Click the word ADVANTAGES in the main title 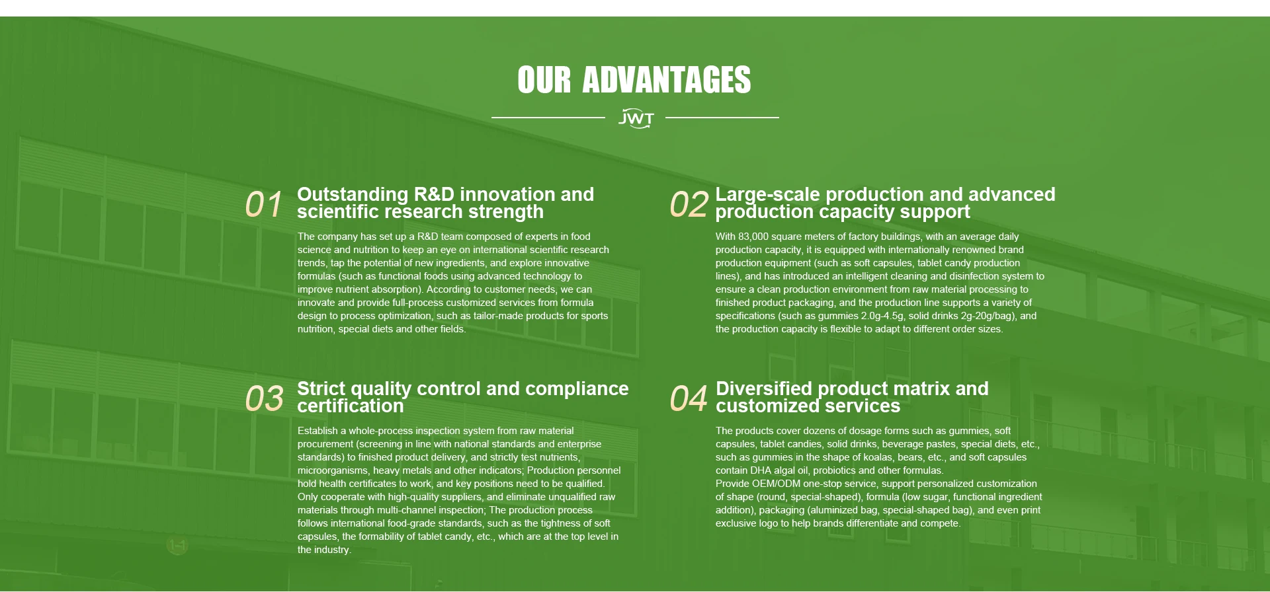click(667, 80)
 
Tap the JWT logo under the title click(636, 118)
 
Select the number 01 click(263, 204)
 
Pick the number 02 click(689, 204)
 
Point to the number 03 click(264, 398)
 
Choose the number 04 click(689, 398)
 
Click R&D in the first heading click(434, 194)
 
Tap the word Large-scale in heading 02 click(768, 195)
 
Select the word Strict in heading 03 click(321, 388)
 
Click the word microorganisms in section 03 click(333, 470)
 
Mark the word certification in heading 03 click(350, 406)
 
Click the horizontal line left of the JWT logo click(548, 118)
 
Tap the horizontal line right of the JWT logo click(722, 118)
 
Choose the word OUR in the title click(544, 80)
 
